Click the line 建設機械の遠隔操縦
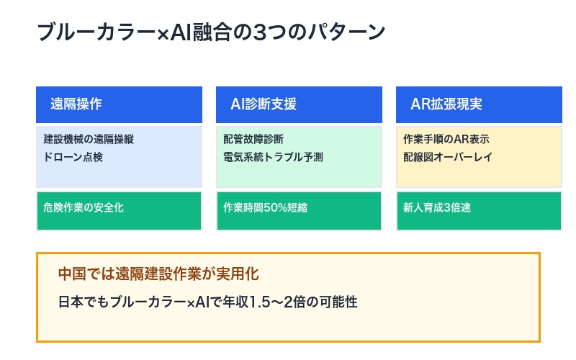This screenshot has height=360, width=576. click(89, 139)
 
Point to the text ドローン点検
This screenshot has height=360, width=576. click(73, 156)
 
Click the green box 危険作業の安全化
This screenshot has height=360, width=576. click(119, 210)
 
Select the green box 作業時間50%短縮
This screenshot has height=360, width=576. click(299, 210)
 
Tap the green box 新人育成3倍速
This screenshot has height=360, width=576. click(479, 210)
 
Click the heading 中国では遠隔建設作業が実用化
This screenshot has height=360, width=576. click(158, 274)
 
